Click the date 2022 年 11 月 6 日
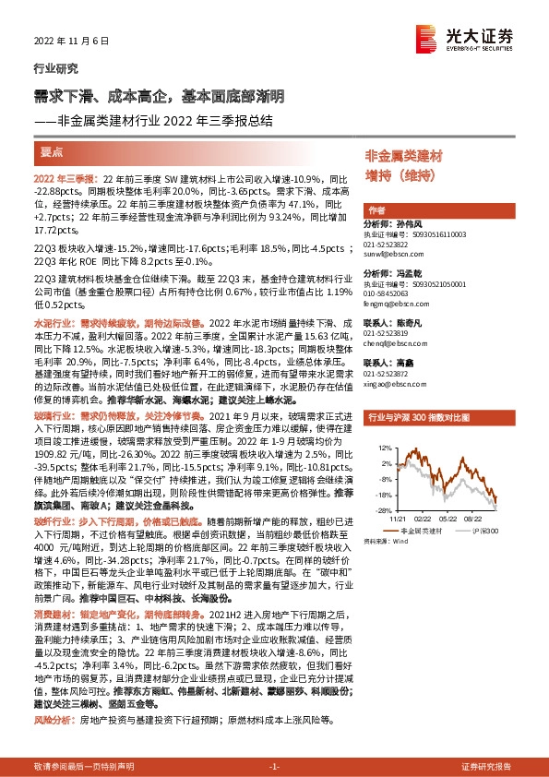coord(64,42)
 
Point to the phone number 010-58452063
coord(394,293)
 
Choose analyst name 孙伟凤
coord(410,223)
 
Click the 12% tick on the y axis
coord(377,448)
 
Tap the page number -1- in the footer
coord(273,767)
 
